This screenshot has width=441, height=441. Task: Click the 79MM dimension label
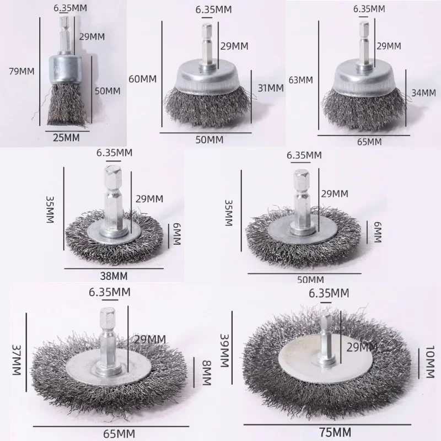pyautogui.click(x=21, y=71)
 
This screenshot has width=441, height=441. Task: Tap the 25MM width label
pyautogui.click(x=66, y=137)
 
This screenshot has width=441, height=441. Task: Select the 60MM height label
pyautogui.click(x=142, y=79)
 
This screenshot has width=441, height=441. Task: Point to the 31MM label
pyautogui.click(x=271, y=88)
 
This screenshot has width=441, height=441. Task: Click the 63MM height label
pyautogui.click(x=300, y=80)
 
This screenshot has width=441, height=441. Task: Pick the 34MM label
pyautogui.click(x=423, y=93)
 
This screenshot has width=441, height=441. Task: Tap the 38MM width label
pyautogui.click(x=114, y=276)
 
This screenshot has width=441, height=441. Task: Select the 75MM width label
pyautogui.click(x=335, y=432)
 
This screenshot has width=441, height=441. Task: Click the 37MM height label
pyautogui.click(x=17, y=360)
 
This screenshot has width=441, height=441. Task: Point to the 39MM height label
pyautogui.click(x=224, y=351)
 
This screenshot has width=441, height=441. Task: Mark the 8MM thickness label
pyautogui.click(x=207, y=373)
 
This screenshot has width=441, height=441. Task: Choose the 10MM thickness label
pyautogui.click(x=430, y=362)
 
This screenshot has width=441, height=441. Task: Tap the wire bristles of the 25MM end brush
pyautogui.click(x=67, y=104)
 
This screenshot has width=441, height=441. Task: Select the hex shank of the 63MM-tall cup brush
pyautogui.click(x=364, y=46)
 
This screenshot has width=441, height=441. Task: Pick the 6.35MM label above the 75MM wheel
pyautogui.click(x=329, y=293)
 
